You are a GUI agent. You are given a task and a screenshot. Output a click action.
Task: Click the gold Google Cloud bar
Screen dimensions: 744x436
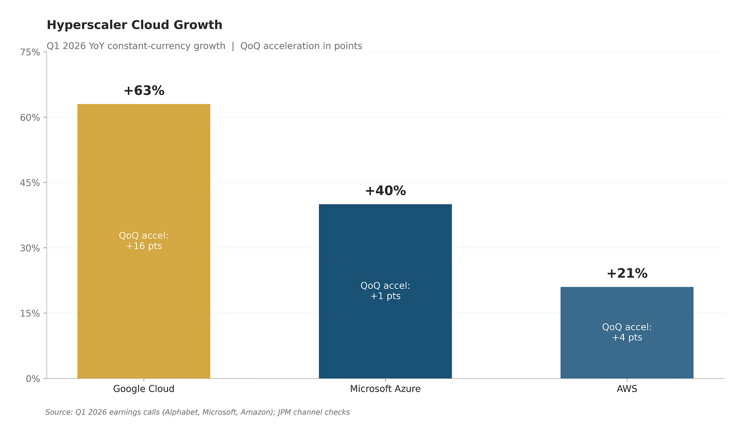click(x=144, y=241)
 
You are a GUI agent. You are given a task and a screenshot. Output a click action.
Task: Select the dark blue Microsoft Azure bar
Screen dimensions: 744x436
click(x=385, y=291)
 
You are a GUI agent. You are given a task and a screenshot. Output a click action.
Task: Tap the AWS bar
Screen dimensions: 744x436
click(x=627, y=333)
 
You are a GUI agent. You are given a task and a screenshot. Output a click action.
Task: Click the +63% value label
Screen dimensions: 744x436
click(x=144, y=90)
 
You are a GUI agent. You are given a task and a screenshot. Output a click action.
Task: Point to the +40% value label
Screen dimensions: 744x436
click(x=385, y=191)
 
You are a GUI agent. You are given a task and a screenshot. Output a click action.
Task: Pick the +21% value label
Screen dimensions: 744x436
click(x=627, y=273)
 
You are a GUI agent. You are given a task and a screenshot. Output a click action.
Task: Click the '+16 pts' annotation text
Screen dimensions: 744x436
click(x=144, y=246)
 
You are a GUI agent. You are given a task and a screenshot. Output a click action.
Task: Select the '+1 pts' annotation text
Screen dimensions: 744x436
click(x=385, y=296)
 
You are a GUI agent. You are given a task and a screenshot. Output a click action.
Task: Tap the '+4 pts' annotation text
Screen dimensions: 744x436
click(x=627, y=338)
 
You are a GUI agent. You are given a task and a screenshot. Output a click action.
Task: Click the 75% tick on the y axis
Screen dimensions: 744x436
click(x=30, y=53)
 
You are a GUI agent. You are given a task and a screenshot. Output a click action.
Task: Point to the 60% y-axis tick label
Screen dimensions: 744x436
click(x=30, y=118)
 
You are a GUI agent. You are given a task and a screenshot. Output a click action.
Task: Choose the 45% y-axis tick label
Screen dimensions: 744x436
click(x=30, y=183)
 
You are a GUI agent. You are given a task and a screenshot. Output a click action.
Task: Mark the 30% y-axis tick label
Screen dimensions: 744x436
click(x=30, y=248)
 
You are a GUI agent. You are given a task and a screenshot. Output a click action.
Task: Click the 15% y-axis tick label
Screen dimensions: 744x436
click(x=30, y=313)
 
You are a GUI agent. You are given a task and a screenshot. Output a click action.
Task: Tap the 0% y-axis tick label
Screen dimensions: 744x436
click(x=33, y=379)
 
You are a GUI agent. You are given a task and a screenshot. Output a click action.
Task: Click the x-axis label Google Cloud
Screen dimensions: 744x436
click(x=144, y=389)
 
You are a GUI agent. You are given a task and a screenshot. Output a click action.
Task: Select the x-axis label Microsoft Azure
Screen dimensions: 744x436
click(x=385, y=389)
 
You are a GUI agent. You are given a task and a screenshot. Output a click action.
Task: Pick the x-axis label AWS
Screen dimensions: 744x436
click(x=627, y=389)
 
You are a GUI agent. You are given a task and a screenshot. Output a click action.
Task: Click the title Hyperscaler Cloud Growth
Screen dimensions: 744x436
click(x=134, y=25)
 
